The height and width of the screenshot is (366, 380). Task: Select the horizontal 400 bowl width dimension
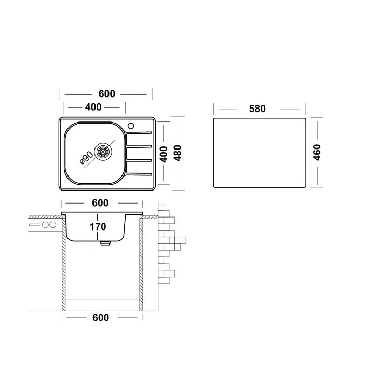[x=93, y=107]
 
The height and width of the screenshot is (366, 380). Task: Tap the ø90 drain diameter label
[x=86, y=157]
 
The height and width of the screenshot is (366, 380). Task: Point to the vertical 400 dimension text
[x=163, y=154]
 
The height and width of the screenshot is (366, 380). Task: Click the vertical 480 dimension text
[x=178, y=154]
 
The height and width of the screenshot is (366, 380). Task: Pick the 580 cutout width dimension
[x=257, y=109]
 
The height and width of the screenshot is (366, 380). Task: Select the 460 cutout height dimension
[x=318, y=152]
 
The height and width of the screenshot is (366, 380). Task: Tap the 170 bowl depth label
[x=98, y=226]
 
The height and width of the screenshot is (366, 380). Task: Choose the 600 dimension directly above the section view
[x=101, y=203]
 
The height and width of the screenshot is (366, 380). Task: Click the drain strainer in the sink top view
[x=103, y=151]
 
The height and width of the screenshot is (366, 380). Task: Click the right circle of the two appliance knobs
[x=52, y=225]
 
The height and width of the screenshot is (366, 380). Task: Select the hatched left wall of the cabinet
[x=63, y=265]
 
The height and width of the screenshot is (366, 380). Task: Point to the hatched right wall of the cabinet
[x=141, y=265]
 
